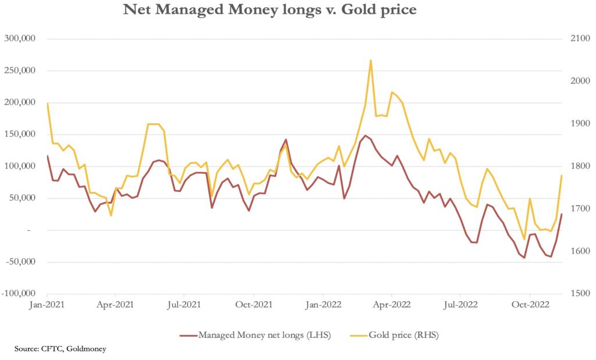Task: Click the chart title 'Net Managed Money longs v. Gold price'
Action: click(x=269, y=10)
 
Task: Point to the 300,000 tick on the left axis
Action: click(x=20, y=39)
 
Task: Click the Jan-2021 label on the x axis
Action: click(x=47, y=304)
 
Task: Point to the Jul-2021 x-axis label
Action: click(x=184, y=304)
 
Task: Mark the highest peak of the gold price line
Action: click(x=371, y=60)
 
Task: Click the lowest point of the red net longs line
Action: click(x=524, y=258)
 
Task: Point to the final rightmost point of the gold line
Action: click(x=562, y=176)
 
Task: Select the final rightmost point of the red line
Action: click(x=562, y=214)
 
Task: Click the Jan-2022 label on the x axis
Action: click(x=322, y=304)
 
